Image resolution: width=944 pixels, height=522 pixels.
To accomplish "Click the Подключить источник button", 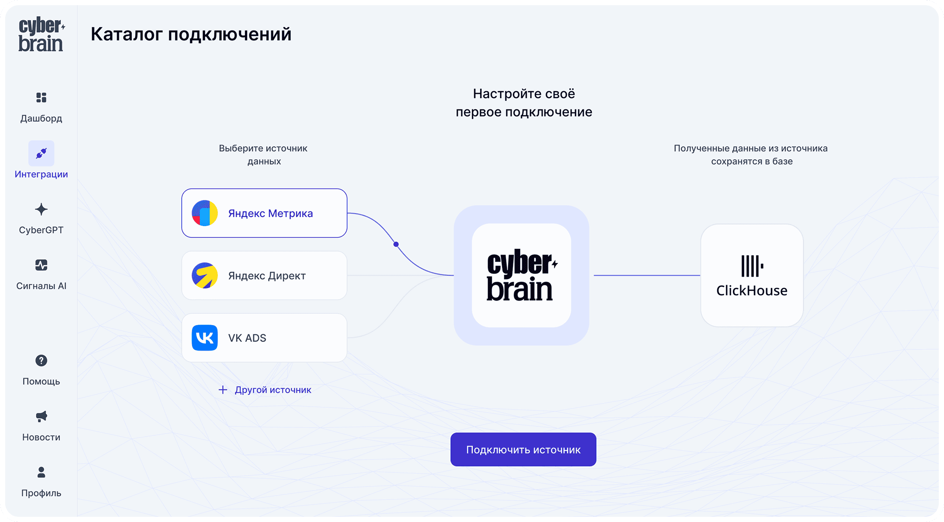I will pyautogui.click(x=523, y=450).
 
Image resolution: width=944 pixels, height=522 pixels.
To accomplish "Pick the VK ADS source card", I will pyautogui.click(x=264, y=338).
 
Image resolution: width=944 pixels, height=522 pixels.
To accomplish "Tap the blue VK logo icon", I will pyautogui.click(x=205, y=338).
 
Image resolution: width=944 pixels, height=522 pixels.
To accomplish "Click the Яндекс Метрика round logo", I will pyautogui.click(x=205, y=213).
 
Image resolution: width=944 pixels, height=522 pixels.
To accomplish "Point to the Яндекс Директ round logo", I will pyautogui.click(x=205, y=276).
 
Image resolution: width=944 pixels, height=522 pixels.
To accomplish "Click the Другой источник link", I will pyautogui.click(x=273, y=390).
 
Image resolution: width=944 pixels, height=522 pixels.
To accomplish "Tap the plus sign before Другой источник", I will pyautogui.click(x=223, y=390).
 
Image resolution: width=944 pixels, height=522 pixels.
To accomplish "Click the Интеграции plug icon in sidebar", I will pyautogui.click(x=41, y=153).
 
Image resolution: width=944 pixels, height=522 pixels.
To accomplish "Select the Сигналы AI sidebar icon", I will pyautogui.click(x=41, y=265).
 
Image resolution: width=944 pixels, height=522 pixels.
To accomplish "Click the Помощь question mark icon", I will pyautogui.click(x=41, y=360).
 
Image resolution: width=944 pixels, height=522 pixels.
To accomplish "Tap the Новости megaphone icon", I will pyautogui.click(x=41, y=416).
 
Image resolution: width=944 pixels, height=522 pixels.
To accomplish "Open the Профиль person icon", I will pyautogui.click(x=41, y=472).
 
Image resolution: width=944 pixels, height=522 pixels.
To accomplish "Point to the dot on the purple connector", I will pyautogui.click(x=396, y=244).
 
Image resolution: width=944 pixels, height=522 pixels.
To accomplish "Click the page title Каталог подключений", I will pyautogui.click(x=191, y=34).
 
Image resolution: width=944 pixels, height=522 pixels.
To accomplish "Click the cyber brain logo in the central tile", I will pyautogui.click(x=522, y=275).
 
